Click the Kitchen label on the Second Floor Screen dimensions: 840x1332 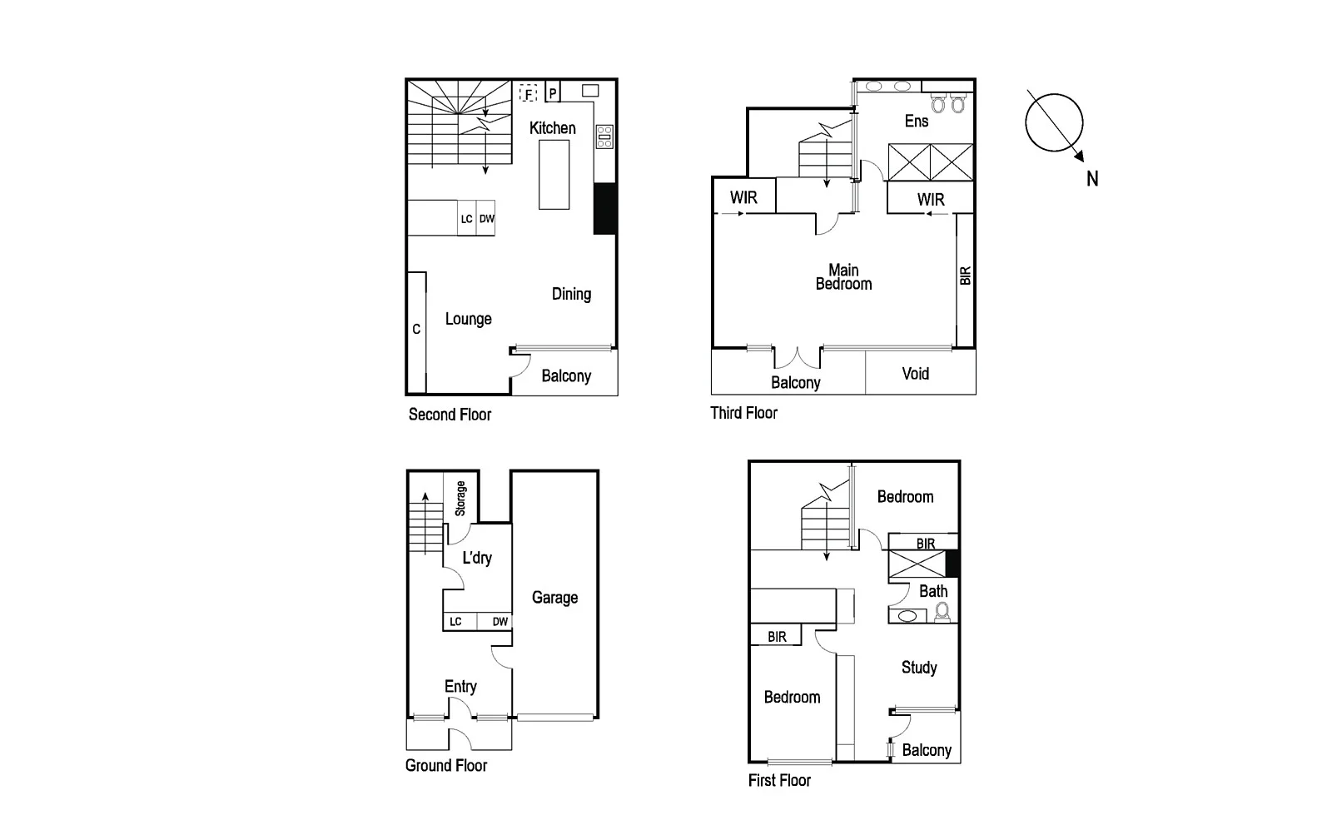pos(552,128)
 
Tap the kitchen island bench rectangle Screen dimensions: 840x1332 pos(554,174)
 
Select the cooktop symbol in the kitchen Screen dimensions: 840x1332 pos(604,137)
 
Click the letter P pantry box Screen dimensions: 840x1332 pos(553,93)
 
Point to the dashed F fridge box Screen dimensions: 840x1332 pos(528,93)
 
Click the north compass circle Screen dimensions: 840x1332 pos(1054,122)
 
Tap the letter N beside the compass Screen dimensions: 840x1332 pos(1092,178)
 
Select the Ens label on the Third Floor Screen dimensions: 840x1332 pos(916,122)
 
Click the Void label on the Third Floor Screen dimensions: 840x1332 pos(915,374)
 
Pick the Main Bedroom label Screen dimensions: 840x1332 pos(843,277)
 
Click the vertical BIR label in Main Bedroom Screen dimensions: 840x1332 pos(966,276)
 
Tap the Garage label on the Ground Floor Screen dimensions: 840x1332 pos(554,598)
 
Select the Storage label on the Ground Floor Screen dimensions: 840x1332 pos(460,498)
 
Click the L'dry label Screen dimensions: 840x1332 pos(477,558)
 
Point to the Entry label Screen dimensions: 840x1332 pos(460,687)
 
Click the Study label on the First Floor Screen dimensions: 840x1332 pos(919,668)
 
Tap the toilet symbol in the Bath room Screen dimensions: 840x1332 pos(942,613)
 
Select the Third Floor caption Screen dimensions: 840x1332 pos(743,413)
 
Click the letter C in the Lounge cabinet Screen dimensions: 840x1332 pos(416,330)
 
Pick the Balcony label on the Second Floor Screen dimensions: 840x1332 pos(566,376)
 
